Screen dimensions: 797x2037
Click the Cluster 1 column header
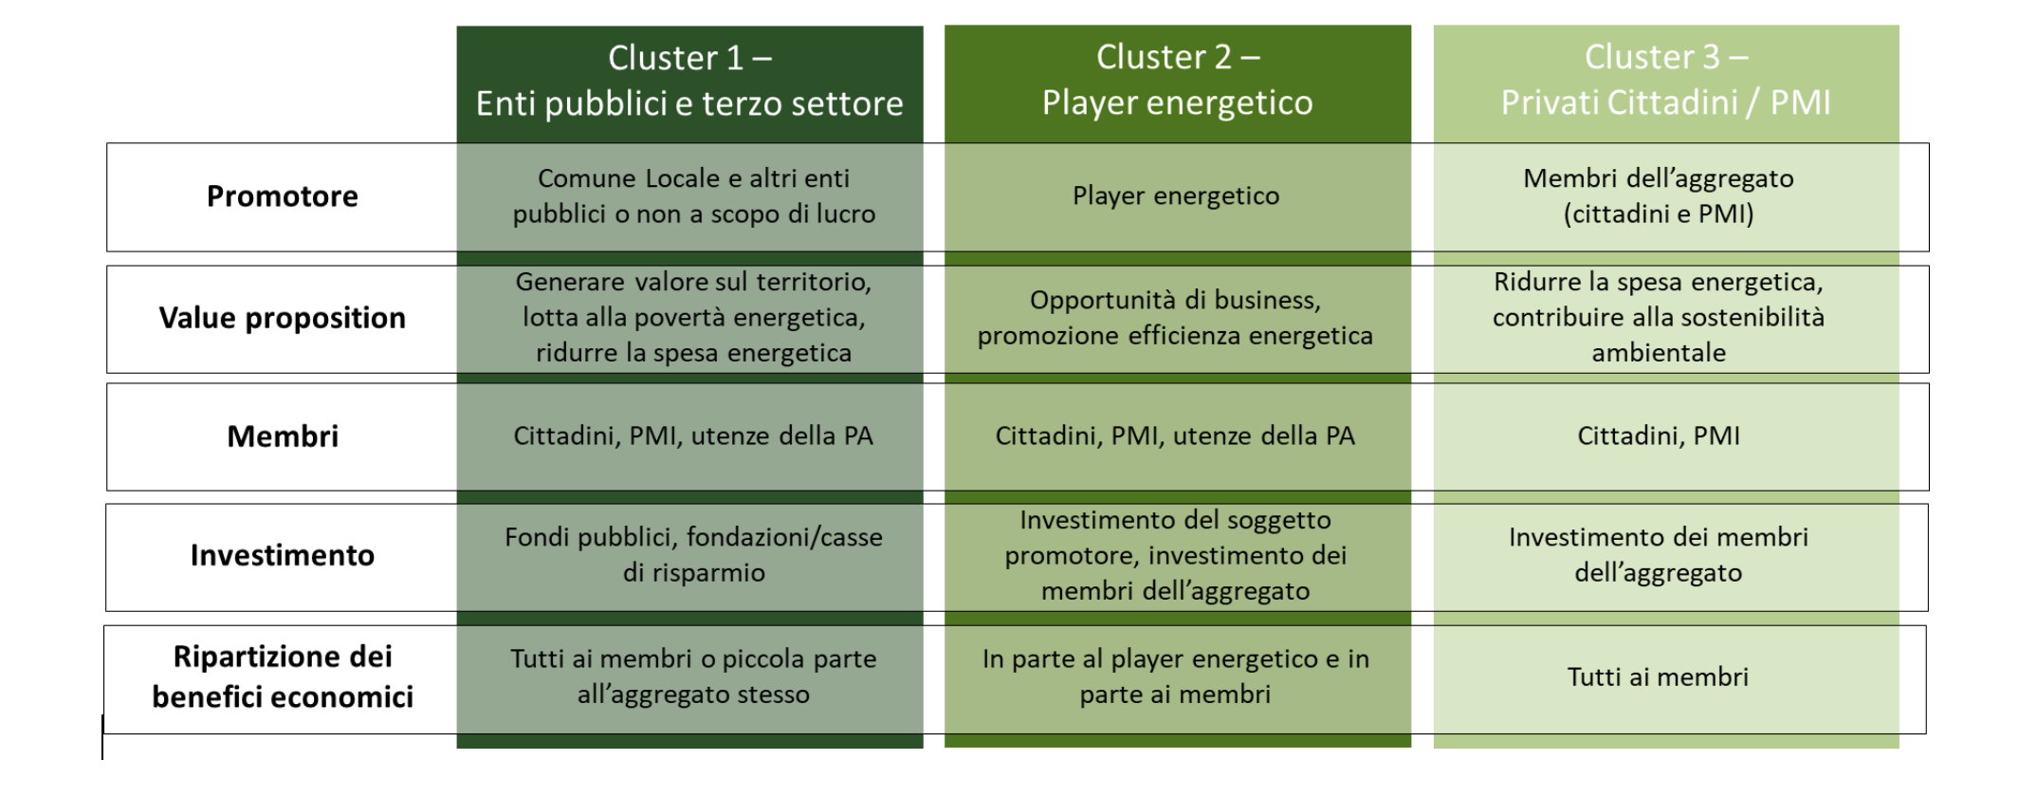tap(689, 82)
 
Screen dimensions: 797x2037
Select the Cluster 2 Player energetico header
tap(1177, 81)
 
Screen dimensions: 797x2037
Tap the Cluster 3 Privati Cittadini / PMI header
tap(1665, 81)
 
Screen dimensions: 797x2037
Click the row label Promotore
tap(283, 196)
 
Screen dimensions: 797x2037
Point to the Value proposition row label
tap(283, 318)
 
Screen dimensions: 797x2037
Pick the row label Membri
tap(283, 436)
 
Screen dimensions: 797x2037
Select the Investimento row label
tap(283, 555)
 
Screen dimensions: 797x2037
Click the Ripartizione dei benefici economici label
tap(283, 677)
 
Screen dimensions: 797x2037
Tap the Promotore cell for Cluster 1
tap(693, 196)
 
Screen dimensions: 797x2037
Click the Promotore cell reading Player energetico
tap(1176, 196)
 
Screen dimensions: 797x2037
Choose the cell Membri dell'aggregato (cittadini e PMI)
tap(1659, 196)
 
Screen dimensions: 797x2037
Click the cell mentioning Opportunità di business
tap(1176, 318)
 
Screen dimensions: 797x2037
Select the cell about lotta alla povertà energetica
tap(693, 318)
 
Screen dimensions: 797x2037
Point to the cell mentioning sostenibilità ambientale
tap(1659, 318)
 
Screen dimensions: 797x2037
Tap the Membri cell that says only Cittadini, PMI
tap(1659, 436)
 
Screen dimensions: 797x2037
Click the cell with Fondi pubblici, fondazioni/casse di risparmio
tap(693, 555)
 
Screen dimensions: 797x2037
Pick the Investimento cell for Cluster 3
tap(1659, 555)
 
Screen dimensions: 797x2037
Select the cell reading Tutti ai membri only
tap(1659, 677)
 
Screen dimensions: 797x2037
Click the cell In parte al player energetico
tap(1176, 677)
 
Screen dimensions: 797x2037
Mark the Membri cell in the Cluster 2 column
tap(1176, 436)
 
